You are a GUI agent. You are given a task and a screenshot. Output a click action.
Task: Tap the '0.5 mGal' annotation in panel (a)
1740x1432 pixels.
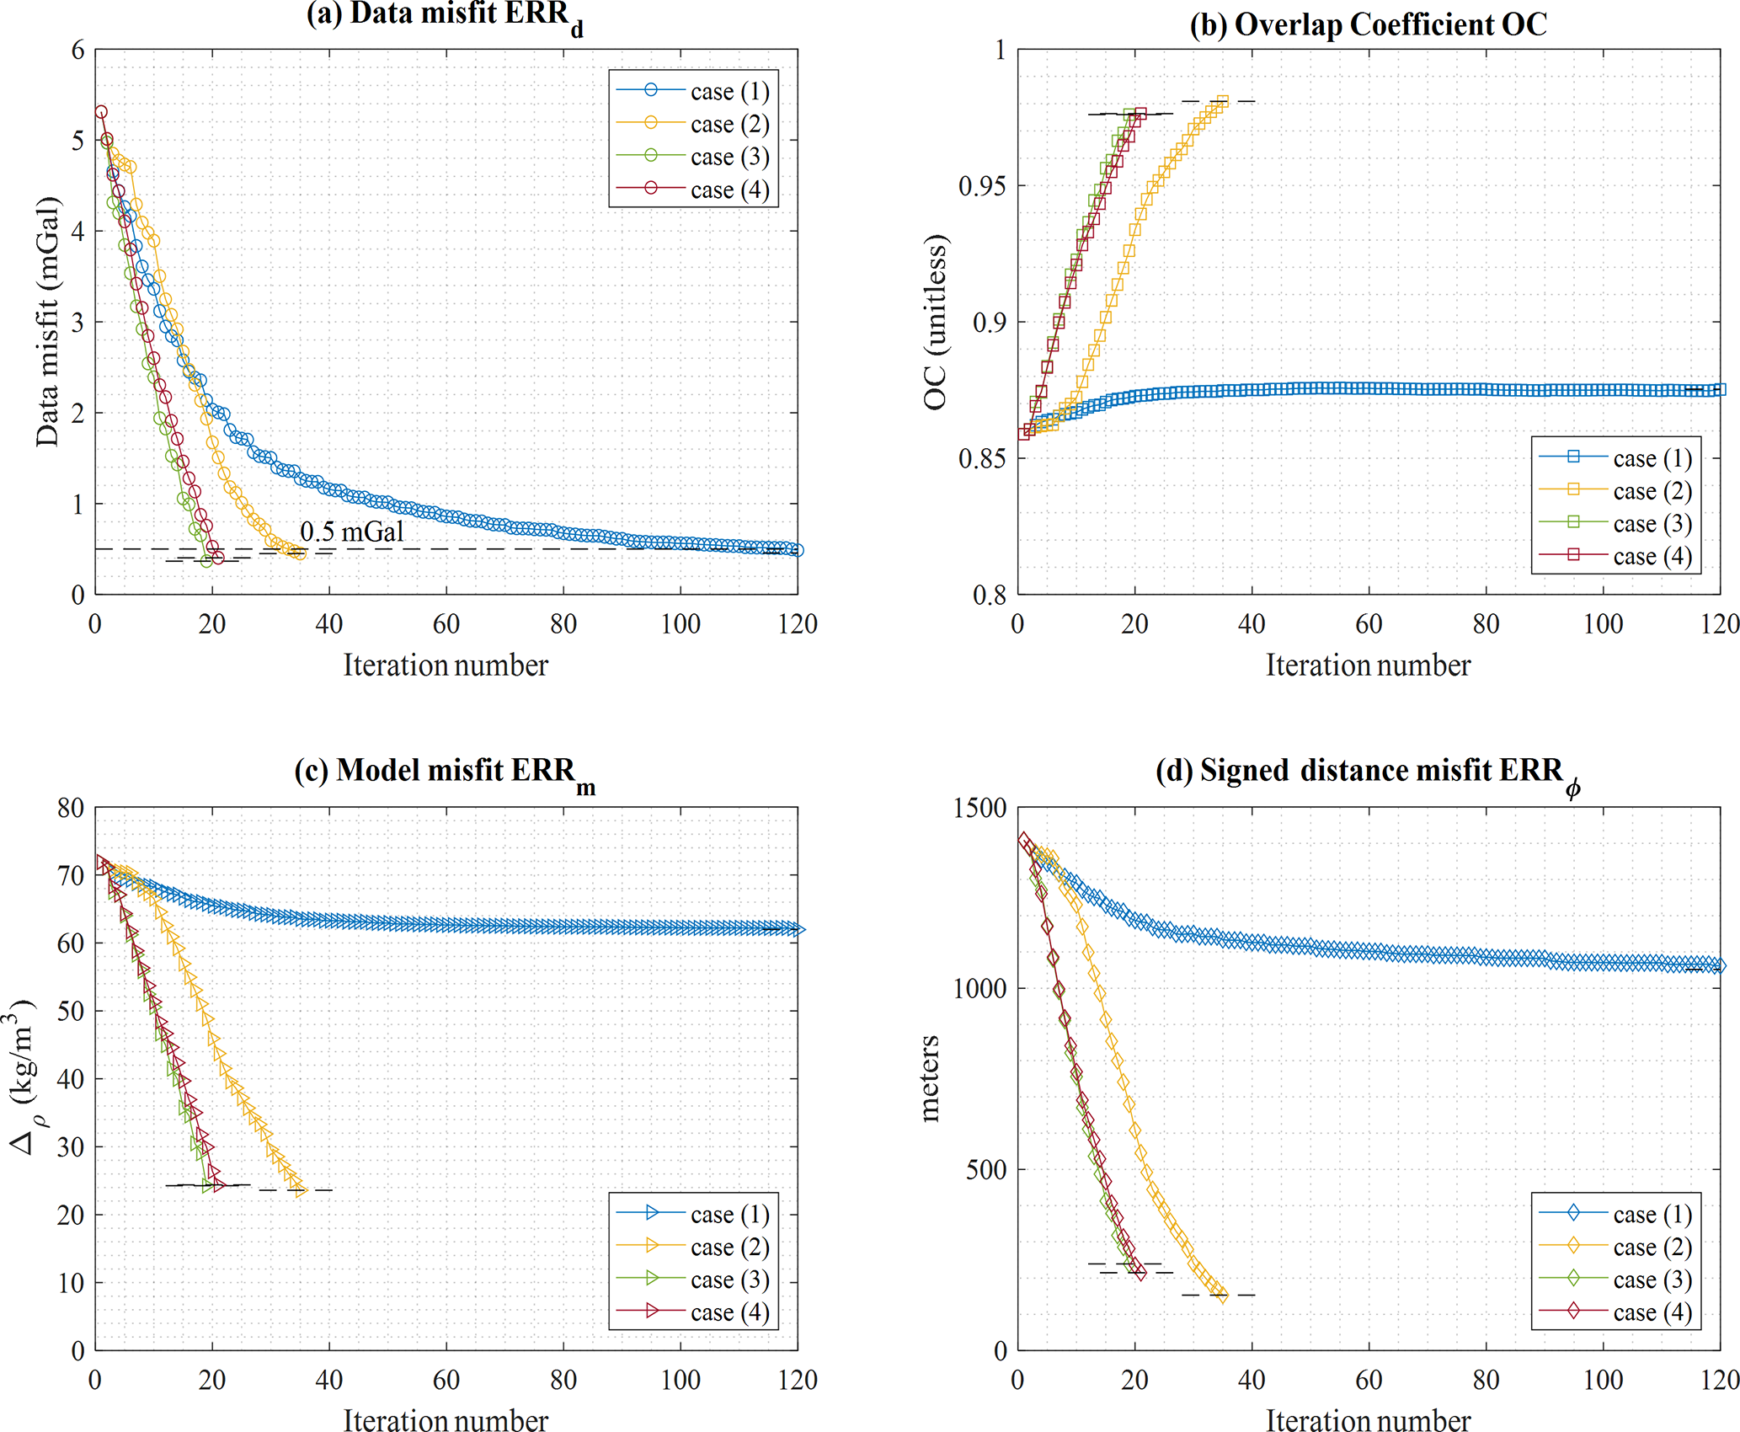click(352, 532)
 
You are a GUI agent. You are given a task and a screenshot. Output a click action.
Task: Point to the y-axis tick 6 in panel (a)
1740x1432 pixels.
click(78, 51)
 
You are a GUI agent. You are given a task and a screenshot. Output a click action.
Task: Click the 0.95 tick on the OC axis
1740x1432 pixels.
click(982, 186)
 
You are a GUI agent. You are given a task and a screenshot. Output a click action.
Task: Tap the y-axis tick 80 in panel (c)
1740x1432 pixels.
click(72, 809)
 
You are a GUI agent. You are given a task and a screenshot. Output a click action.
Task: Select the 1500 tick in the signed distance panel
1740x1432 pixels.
click(980, 809)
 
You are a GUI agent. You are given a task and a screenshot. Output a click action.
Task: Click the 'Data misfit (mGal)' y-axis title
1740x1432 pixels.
click(48, 322)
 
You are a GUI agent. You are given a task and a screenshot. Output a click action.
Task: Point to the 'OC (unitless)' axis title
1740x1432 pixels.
click(936, 322)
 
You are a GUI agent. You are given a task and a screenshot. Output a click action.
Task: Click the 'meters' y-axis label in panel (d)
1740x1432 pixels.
click(930, 1078)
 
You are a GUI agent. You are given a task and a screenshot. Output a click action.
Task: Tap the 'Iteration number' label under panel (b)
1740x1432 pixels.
click(1368, 665)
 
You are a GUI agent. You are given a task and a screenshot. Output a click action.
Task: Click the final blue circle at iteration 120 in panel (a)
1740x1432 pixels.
click(798, 550)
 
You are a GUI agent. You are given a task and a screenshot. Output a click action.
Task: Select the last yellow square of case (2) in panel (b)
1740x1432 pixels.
click(1223, 102)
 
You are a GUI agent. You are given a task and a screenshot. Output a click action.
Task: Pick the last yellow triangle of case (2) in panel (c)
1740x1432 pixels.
click(301, 1189)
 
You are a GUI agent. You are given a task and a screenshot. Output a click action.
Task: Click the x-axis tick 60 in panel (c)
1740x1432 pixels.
click(446, 1380)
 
